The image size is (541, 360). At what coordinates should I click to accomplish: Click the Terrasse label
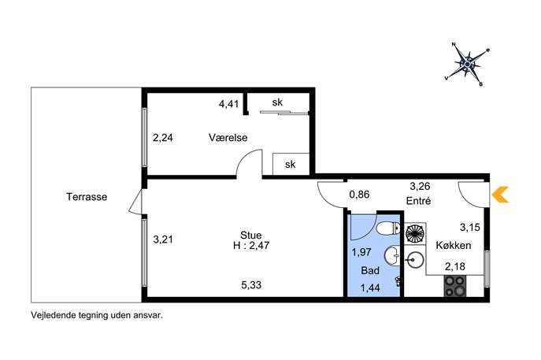[x=87, y=197]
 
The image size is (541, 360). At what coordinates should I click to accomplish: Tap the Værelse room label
[x=228, y=137]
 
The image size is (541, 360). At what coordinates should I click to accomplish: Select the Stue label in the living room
[x=251, y=235]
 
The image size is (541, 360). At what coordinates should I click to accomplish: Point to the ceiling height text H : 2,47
[x=251, y=246]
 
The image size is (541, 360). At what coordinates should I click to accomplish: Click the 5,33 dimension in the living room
[x=251, y=285]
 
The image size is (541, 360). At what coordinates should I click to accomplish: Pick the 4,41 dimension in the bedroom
[x=228, y=104]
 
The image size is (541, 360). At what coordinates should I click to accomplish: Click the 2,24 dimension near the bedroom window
[x=163, y=138]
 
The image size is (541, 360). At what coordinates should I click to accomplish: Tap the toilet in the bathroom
[x=388, y=228]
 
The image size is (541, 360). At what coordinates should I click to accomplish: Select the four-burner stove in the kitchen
[x=455, y=286]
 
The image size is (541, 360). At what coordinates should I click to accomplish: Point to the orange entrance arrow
[x=500, y=195]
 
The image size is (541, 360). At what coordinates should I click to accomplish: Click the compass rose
[x=467, y=64]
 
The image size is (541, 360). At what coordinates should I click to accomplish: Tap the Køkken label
[x=454, y=246]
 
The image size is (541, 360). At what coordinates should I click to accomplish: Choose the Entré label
[x=418, y=201]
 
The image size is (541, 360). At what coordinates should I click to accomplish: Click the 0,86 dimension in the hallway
[x=359, y=195]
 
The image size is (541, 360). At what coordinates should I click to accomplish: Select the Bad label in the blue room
[x=370, y=270]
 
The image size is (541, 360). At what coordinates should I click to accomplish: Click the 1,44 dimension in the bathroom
[x=370, y=288]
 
